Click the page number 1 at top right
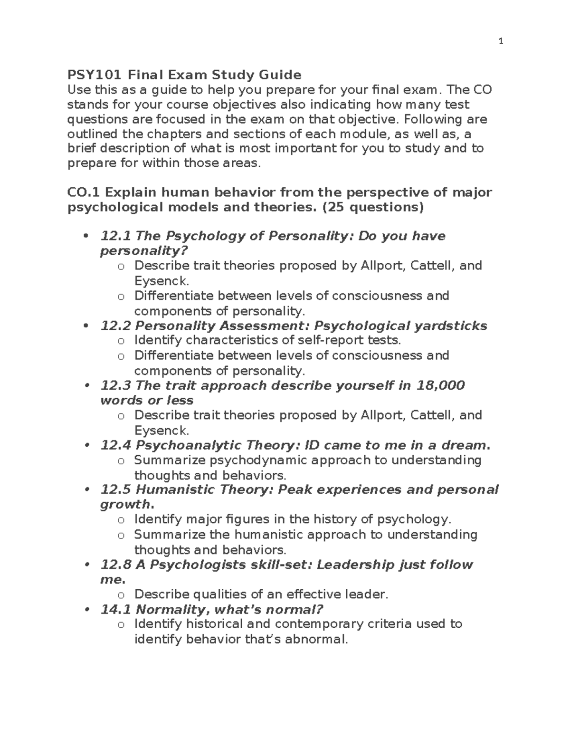click(500, 41)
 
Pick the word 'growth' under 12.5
click(124, 504)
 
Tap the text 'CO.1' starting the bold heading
click(84, 192)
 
